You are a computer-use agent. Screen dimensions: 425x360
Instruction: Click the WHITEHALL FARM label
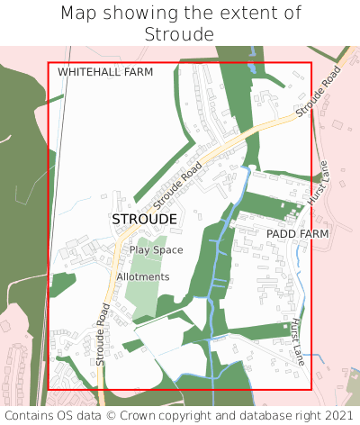tap(105, 71)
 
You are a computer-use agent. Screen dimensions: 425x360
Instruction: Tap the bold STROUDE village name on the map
tap(144, 219)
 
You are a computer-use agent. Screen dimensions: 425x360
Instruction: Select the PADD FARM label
tap(297, 233)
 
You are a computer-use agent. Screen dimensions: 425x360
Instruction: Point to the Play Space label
tap(156, 249)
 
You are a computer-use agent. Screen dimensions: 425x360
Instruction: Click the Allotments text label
tap(142, 276)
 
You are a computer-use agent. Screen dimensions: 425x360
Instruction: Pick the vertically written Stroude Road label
tap(102, 333)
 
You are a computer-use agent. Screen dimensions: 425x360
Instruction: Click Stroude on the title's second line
tap(179, 34)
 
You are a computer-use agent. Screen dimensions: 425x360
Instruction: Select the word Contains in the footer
tap(30, 415)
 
